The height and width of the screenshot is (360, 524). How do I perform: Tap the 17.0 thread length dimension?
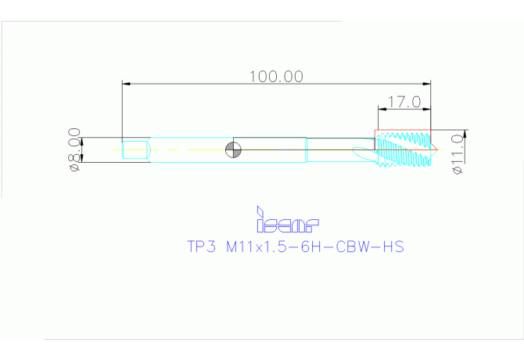(405, 102)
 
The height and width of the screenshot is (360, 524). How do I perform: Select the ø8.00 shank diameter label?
(74, 149)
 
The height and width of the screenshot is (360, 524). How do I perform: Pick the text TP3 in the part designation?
(200, 247)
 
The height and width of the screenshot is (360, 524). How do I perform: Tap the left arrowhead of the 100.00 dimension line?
(126, 83)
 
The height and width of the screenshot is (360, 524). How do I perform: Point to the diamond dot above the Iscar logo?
(259, 210)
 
